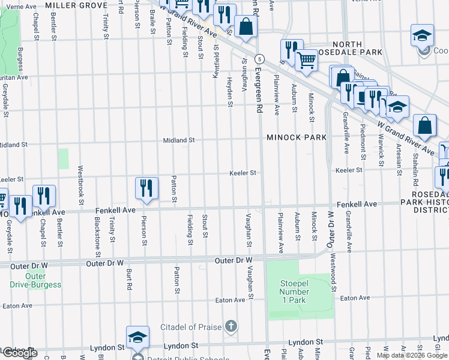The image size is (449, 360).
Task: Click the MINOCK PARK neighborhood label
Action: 297,137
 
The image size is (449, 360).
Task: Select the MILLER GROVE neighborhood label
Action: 76,5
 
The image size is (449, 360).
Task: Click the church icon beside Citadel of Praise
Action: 231,327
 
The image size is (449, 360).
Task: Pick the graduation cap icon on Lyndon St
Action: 137,337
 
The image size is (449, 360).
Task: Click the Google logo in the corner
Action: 19,353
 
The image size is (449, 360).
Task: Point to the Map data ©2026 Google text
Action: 412,355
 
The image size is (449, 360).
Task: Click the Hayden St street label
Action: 229,91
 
